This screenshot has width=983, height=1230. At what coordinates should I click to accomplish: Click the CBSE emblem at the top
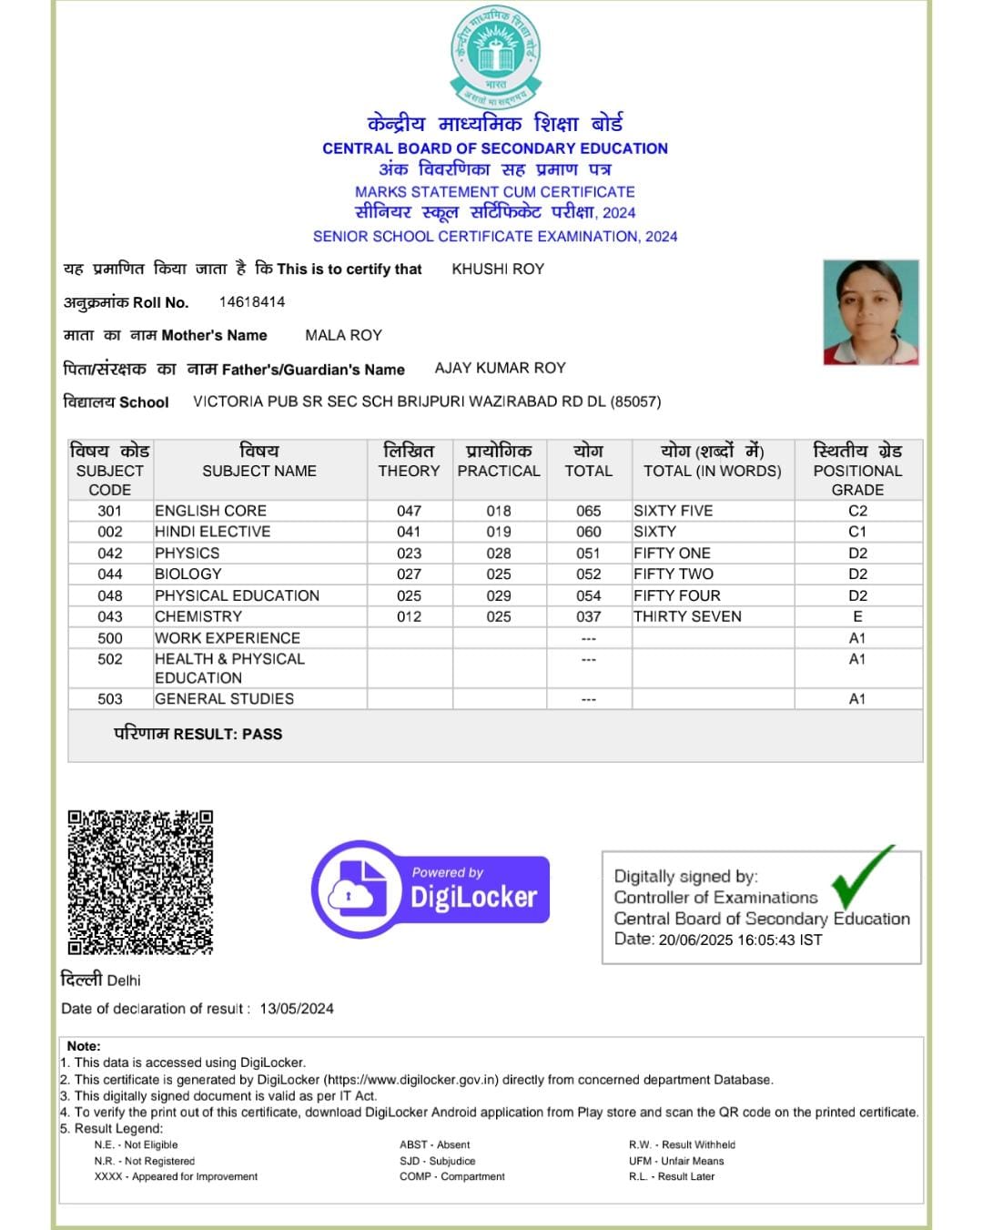tap(495, 56)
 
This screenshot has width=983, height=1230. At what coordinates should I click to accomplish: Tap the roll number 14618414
tap(252, 301)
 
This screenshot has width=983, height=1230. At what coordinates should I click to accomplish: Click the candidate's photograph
tap(870, 312)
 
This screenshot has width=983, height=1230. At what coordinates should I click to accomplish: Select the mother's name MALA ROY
tap(343, 335)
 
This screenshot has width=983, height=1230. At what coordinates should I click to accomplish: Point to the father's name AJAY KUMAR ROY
tap(500, 368)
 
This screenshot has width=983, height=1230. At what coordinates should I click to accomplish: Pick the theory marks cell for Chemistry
tap(409, 616)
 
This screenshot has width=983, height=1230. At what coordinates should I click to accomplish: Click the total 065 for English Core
tap(588, 511)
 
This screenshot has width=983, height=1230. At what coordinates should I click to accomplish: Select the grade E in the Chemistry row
tap(856, 616)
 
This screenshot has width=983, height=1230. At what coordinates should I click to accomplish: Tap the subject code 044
tap(109, 574)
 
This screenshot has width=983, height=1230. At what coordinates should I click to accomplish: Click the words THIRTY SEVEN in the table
tap(687, 616)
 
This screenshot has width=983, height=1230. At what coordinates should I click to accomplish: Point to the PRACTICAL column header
tap(499, 471)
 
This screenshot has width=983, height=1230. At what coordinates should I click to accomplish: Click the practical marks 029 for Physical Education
tap(499, 595)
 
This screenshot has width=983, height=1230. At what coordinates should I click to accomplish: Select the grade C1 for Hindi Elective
tap(856, 532)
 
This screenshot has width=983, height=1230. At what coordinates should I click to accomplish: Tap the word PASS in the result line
tap(262, 734)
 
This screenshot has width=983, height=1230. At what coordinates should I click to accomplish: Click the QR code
tap(140, 881)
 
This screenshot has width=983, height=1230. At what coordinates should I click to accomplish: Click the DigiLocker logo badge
tap(431, 889)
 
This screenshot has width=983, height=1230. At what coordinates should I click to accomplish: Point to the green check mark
tap(861, 877)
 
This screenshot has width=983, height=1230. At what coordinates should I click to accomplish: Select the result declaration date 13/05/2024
tap(297, 1009)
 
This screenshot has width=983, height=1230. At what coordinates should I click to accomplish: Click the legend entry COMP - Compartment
tap(451, 1176)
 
